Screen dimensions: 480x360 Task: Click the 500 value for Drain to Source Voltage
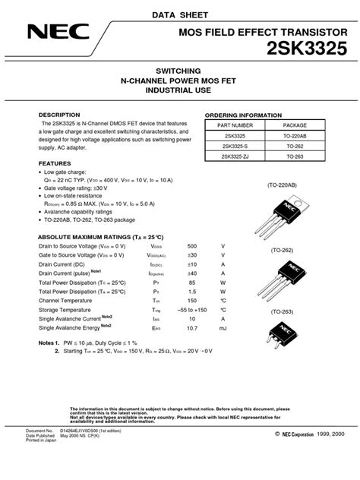pos(191,247)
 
